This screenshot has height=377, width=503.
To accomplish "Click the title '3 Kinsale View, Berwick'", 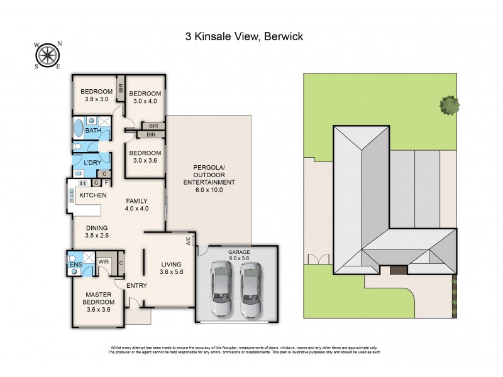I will click(x=244, y=36).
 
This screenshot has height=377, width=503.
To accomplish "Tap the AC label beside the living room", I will click(x=188, y=240).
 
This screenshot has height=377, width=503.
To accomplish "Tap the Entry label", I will click(x=136, y=286).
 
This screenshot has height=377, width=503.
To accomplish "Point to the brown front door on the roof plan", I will click(x=398, y=270).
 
